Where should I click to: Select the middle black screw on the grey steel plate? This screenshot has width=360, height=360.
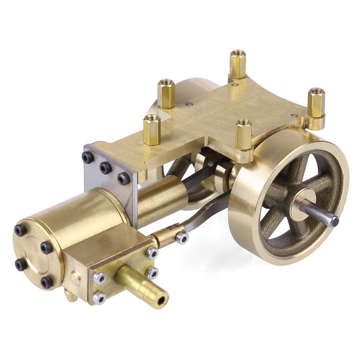105,168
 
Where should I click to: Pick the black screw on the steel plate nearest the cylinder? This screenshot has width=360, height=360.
124,179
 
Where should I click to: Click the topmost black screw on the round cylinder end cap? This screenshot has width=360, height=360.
21,230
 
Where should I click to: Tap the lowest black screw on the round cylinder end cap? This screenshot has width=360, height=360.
47,282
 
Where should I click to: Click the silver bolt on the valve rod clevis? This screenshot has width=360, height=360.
182,237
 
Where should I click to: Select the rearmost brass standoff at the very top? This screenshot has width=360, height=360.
238,63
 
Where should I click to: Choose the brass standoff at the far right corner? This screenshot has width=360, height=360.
316,103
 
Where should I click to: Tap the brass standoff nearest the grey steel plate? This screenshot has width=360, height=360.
152,129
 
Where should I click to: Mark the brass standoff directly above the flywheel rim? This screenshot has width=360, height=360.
244,134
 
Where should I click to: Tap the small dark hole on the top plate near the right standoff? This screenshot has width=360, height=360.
294,115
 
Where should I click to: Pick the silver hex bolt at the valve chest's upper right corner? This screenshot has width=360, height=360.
152,253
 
